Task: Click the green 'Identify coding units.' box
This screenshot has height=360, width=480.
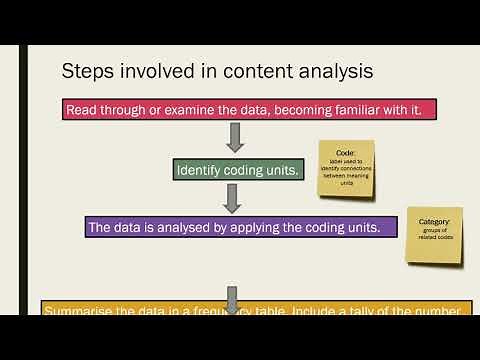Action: pyautogui.click(x=236, y=170)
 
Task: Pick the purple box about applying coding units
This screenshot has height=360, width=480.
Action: pyautogui.click(x=234, y=227)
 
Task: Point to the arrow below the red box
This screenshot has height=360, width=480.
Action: pyautogui.click(x=236, y=137)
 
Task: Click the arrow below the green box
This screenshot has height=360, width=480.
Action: pyautogui.click(x=232, y=198)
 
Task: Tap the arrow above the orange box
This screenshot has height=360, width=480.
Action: pyautogui.click(x=231, y=297)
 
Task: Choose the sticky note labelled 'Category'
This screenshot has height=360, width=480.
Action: pyautogui.click(x=434, y=235)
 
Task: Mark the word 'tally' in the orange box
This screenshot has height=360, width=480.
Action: pyautogui.click(x=387, y=310)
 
